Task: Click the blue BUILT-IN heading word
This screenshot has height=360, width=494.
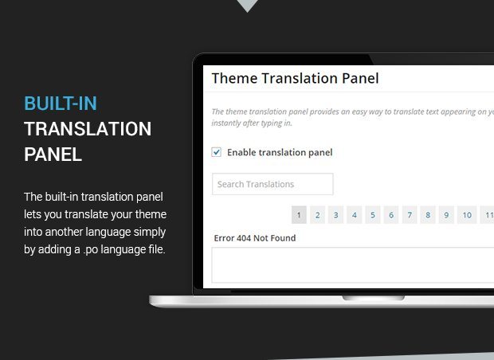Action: [x=61, y=104]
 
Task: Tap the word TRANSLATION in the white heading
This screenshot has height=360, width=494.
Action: [x=88, y=129]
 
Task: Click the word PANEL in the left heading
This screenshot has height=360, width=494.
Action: [x=53, y=155]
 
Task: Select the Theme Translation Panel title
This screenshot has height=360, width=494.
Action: [x=295, y=78]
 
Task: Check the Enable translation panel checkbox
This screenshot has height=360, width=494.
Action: [x=217, y=152]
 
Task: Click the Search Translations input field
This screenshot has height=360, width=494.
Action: [x=272, y=184]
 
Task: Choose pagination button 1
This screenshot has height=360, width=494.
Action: [x=299, y=215]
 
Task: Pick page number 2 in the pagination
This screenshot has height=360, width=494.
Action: [x=318, y=215]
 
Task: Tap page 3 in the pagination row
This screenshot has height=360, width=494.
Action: [x=336, y=215]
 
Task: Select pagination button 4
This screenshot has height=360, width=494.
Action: [x=355, y=215]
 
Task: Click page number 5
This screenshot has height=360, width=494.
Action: [x=373, y=215]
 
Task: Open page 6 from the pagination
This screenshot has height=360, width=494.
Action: [x=391, y=215]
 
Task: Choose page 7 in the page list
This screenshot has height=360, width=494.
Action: [x=410, y=215]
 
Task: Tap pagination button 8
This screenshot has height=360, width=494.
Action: [x=428, y=215]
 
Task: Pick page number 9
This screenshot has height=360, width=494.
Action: [x=446, y=215]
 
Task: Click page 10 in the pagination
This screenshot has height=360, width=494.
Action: [x=467, y=215]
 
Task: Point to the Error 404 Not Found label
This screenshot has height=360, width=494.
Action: [x=255, y=238]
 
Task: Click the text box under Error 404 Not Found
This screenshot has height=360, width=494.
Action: [x=352, y=265]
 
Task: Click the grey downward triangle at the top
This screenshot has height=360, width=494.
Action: [x=247, y=6]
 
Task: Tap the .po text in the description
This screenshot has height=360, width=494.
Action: [x=91, y=250]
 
